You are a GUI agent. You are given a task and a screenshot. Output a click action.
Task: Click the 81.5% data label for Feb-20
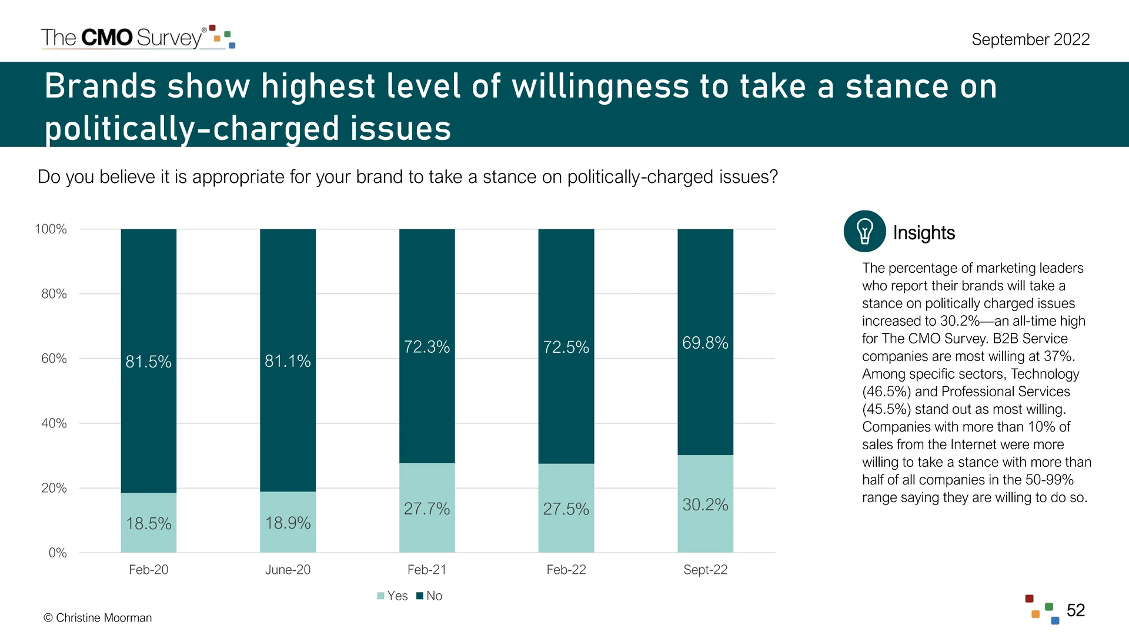click(148, 362)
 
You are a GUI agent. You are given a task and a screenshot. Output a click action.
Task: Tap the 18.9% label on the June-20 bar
click(288, 523)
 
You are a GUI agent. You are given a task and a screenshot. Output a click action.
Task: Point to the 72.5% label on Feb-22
click(566, 347)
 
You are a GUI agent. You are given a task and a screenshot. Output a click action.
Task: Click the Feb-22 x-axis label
click(566, 570)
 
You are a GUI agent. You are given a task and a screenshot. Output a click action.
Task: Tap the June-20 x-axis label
click(288, 570)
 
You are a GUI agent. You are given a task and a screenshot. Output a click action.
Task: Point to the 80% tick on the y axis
click(54, 294)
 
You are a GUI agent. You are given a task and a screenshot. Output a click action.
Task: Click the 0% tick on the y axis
click(57, 553)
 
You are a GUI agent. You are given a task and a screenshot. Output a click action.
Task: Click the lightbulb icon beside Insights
click(864, 231)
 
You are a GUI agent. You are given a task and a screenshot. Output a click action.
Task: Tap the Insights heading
click(924, 233)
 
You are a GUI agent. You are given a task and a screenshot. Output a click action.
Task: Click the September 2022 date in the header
click(1030, 39)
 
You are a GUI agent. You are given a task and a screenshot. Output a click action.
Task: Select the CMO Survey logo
click(138, 37)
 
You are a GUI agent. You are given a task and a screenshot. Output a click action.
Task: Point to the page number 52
click(1075, 610)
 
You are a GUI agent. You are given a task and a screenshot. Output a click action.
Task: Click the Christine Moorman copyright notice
click(98, 618)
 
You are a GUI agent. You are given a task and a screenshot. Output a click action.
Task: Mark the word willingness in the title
click(600, 86)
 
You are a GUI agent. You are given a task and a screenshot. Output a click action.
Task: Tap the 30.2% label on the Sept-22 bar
click(705, 504)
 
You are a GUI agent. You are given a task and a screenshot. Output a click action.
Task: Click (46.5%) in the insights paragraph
click(886, 392)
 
